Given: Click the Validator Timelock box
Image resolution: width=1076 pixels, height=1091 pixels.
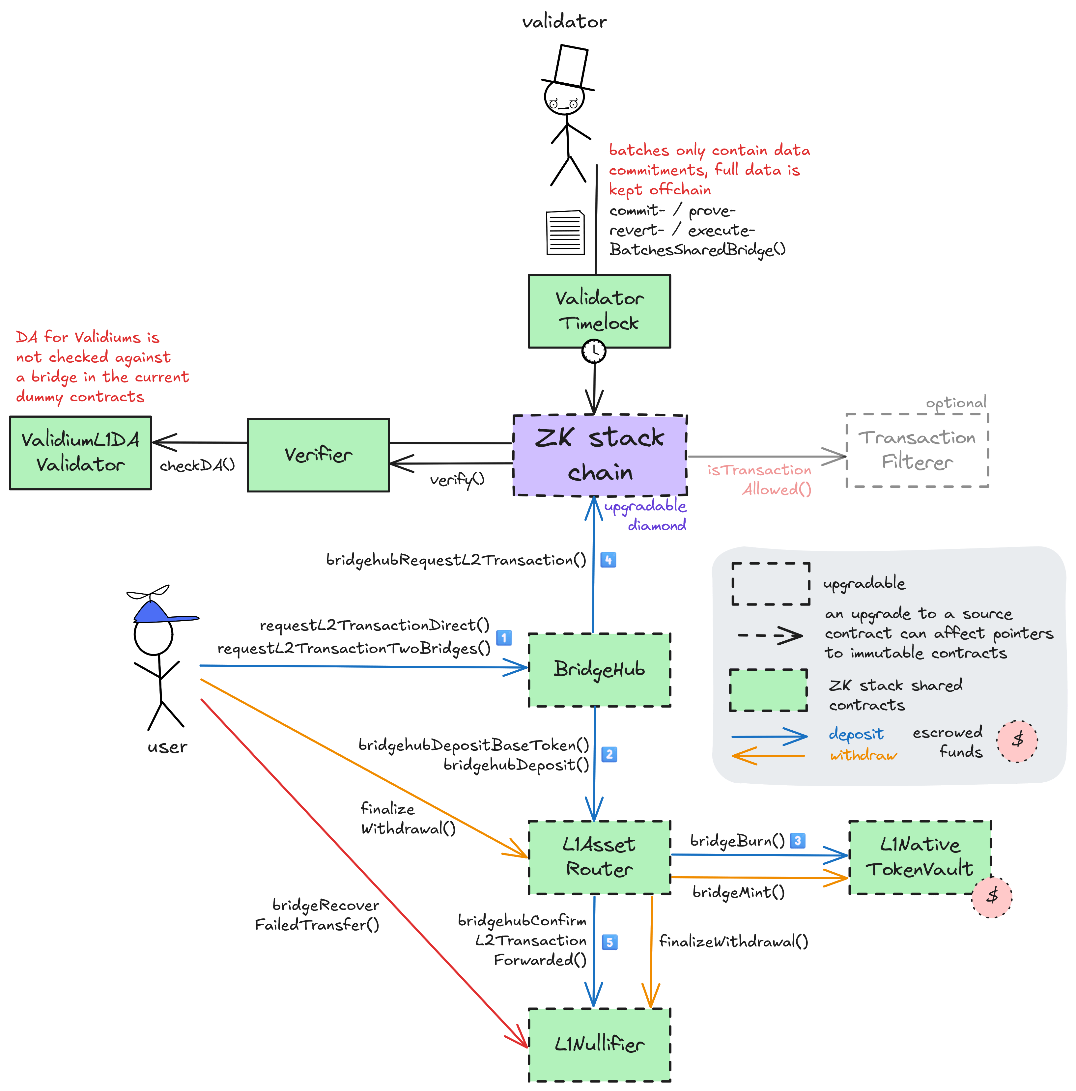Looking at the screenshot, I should coord(599,311).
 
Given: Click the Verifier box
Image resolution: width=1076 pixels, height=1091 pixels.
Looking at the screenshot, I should coord(318,455).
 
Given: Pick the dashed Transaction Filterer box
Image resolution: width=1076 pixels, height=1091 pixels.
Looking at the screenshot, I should coord(917,450).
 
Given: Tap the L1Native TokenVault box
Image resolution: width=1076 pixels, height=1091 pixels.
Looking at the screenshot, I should coord(920,857).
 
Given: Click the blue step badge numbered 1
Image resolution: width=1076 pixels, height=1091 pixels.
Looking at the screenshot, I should coord(504,637).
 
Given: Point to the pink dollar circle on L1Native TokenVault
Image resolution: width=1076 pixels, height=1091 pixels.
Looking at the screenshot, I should coord(992,897).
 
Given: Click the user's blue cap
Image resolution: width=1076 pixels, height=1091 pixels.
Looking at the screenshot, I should coord(155,613).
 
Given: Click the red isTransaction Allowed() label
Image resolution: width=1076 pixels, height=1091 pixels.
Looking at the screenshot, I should coord(760,479).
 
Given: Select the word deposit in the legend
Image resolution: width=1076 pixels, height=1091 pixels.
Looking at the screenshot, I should coord(856,734).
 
